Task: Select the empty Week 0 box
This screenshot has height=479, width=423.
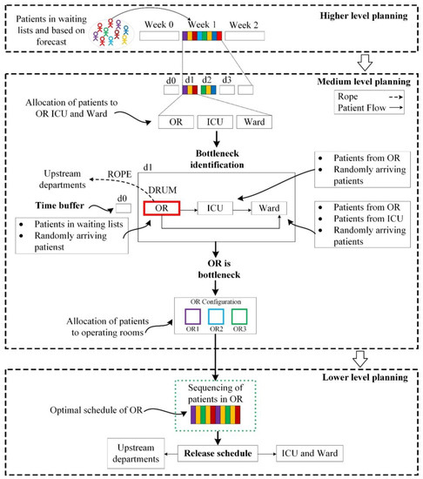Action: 157,38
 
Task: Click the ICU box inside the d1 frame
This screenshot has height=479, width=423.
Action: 213,208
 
